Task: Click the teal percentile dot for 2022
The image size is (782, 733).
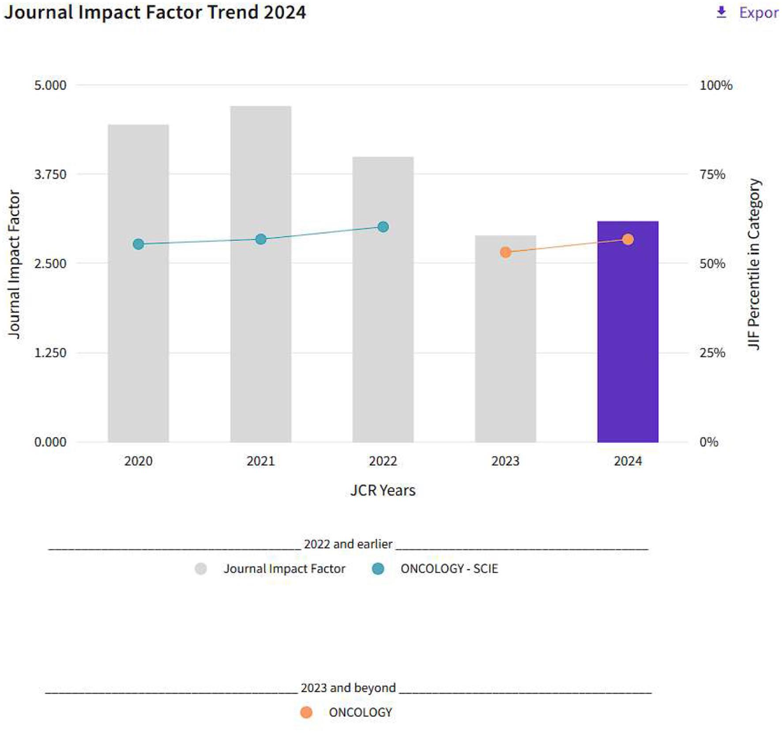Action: coord(383,227)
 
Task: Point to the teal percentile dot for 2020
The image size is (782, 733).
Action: coord(138,244)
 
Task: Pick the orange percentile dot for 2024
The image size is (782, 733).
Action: coord(628,240)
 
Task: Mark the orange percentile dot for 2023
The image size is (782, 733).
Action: coord(505,252)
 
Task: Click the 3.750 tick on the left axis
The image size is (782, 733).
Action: coord(50,174)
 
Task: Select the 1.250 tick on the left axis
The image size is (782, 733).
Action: coord(50,353)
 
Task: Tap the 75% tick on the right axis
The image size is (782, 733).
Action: coord(712,174)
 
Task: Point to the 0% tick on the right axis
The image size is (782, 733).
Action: coord(709,442)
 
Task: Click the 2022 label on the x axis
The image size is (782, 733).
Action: coord(383,461)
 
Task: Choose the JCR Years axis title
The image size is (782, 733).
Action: coord(383,490)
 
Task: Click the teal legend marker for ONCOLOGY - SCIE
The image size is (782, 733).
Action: coord(378,569)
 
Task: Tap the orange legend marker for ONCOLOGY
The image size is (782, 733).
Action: coord(306,712)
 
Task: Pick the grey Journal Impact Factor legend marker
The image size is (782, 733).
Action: coord(201,569)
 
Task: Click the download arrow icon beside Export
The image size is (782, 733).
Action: coord(722,12)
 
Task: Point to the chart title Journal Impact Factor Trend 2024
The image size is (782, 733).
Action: coord(155,12)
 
